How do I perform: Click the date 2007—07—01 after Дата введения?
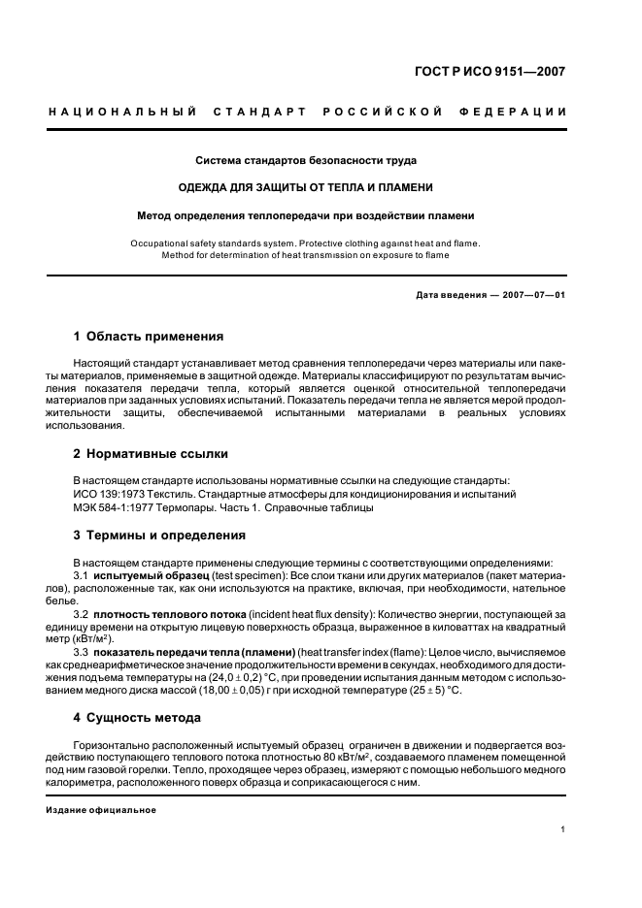[531, 295]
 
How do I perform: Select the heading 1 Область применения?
[149, 337]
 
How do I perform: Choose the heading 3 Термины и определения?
[159, 535]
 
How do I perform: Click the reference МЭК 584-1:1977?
[115, 507]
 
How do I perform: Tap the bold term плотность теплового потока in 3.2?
[169, 616]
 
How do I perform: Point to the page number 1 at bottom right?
[563, 829]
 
